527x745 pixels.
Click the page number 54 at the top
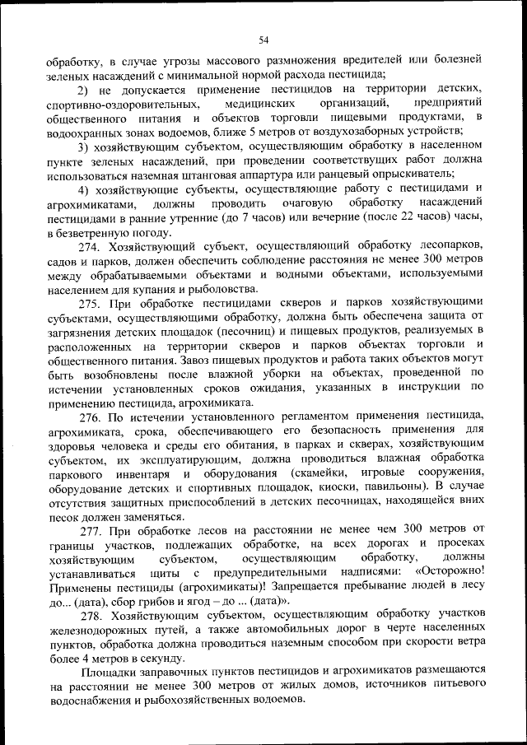263,40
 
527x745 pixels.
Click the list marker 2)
85,90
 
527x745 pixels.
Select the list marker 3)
85,147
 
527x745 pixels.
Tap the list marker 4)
85,189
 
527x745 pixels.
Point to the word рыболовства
220,289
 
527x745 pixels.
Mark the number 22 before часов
391,218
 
